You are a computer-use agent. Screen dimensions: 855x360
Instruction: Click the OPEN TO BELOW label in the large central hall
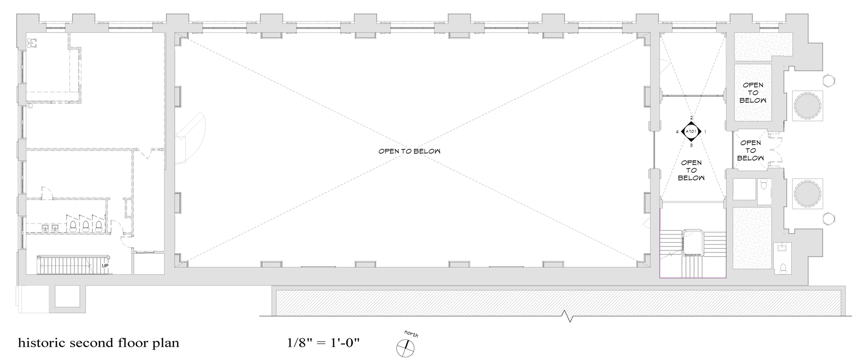coord(409,151)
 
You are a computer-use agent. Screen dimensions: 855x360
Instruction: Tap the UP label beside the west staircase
coord(105,266)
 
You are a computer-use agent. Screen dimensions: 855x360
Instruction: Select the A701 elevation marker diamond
coord(691,132)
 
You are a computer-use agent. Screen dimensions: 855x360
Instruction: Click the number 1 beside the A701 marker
coord(705,132)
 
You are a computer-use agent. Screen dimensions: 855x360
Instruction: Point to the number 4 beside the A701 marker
coord(677,132)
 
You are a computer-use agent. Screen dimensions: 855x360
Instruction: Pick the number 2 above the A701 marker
coord(691,118)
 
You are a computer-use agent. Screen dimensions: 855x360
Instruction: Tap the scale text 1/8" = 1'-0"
coord(324,343)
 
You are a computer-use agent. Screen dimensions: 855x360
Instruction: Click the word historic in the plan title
coord(42,343)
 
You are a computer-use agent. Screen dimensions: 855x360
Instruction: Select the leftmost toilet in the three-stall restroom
coord(73,225)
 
